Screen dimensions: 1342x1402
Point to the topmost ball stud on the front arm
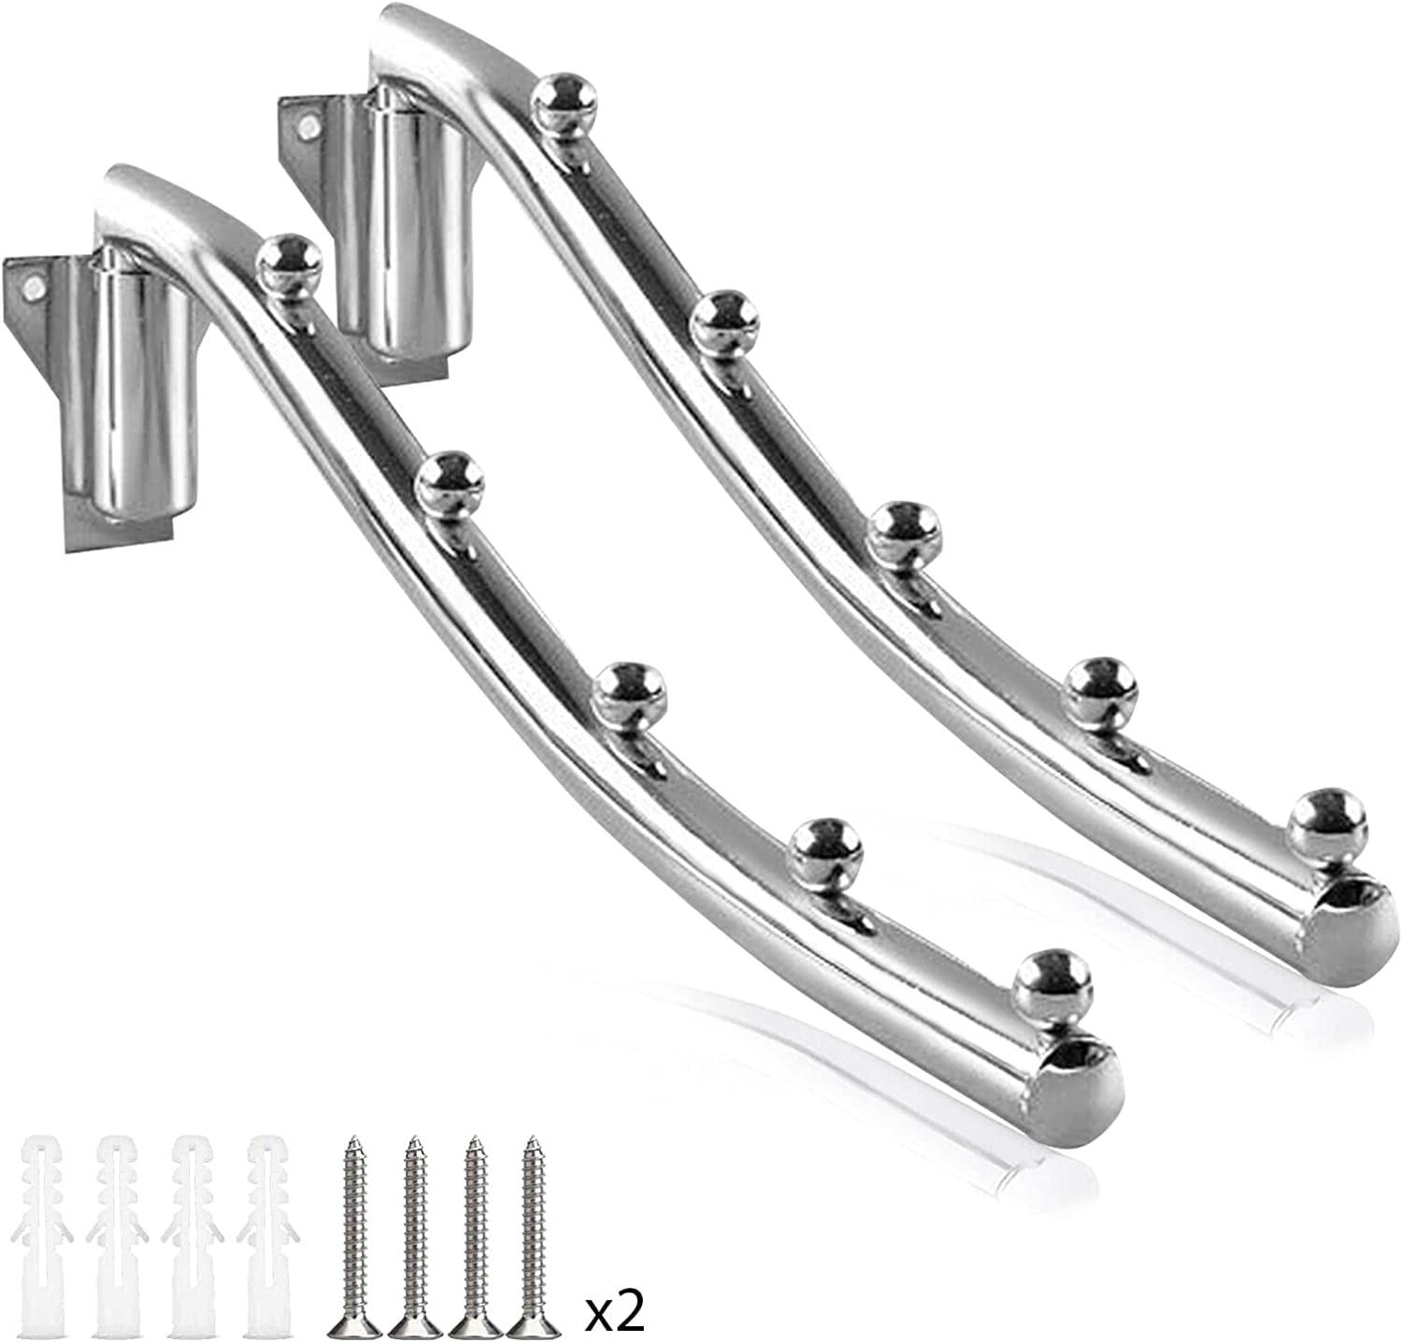(x=288, y=264)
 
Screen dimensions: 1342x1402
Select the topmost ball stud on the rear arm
(x=564, y=102)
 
